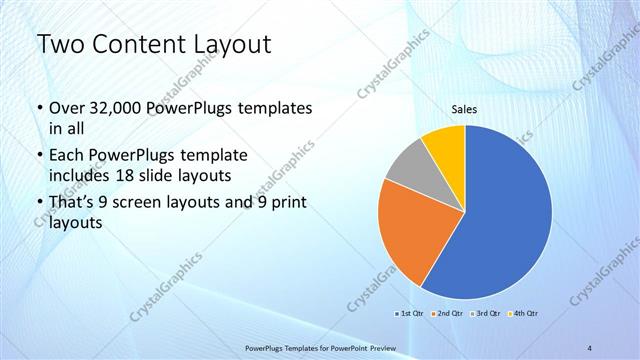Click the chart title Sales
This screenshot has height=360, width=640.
(465, 110)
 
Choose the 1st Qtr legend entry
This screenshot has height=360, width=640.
(408, 314)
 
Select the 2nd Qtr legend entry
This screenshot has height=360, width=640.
(446, 314)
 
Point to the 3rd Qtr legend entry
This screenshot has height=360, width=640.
(485, 314)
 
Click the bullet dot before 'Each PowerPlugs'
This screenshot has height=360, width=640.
(39, 157)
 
